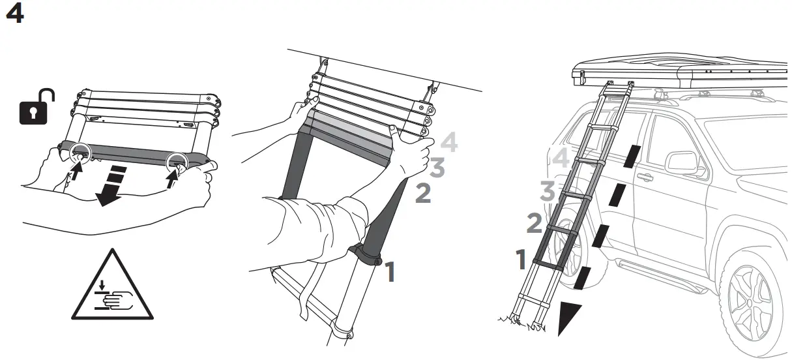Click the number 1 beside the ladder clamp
click(390, 272)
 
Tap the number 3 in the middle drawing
click(437, 168)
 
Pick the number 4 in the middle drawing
click(449, 142)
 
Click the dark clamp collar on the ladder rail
click(364, 254)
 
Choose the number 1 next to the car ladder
click(521, 260)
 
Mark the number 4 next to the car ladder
click(561, 159)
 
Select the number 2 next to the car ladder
click(534, 224)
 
